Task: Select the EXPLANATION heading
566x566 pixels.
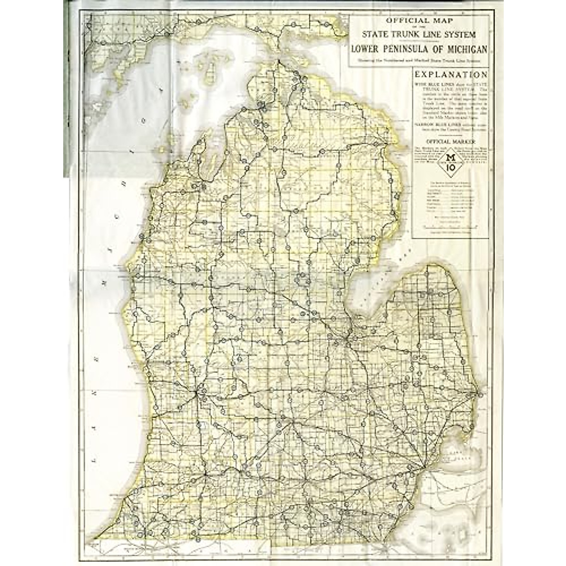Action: tap(450, 75)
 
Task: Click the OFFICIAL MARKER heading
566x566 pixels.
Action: tap(449, 141)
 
